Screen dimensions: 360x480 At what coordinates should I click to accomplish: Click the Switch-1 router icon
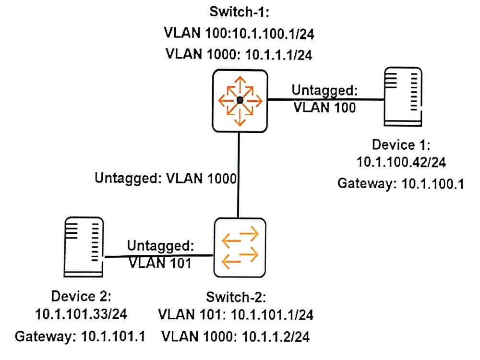(239, 100)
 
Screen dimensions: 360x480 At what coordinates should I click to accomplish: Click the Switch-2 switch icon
(239, 248)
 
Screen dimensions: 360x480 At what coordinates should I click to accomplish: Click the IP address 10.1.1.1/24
(279, 55)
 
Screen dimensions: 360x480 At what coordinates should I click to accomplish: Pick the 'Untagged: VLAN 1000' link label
(166, 179)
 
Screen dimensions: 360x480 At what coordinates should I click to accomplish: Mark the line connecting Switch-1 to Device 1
(326, 100)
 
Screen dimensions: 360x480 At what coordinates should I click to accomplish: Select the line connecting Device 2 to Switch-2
(158, 256)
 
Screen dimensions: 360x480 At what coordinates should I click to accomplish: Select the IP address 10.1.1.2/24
(271, 335)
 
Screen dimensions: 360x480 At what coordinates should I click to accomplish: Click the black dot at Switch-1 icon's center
(239, 100)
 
